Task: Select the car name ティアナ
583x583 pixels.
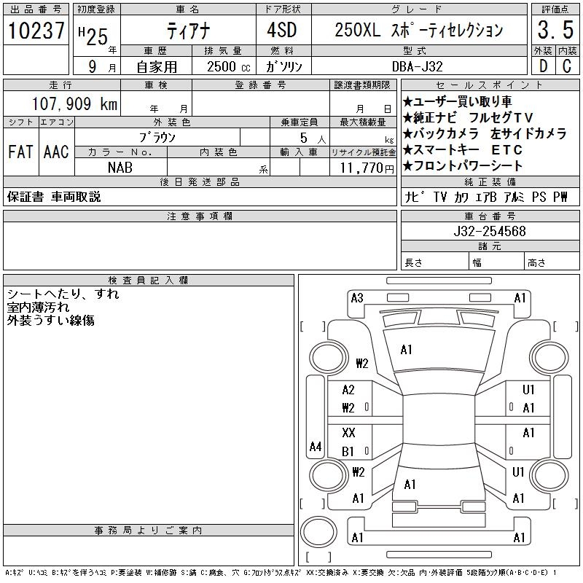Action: tap(187, 31)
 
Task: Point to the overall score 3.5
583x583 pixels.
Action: tap(554, 31)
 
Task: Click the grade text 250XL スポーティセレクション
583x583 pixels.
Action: tap(418, 31)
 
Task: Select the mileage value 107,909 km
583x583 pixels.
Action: tap(75, 104)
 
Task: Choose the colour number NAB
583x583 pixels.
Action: tap(120, 168)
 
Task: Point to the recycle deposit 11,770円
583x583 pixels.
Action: tap(364, 168)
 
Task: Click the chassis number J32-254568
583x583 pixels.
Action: tap(490, 231)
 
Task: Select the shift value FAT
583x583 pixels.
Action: tap(20, 152)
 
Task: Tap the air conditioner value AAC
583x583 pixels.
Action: tap(56, 152)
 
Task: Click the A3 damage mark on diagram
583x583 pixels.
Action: tap(357, 297)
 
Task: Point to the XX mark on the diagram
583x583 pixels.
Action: tap(348, 433)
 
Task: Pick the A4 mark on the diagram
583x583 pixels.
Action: tap(315, 446)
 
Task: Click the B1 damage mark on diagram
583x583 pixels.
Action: tap(348, 451)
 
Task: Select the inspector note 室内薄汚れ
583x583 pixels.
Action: tap(38, 308)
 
